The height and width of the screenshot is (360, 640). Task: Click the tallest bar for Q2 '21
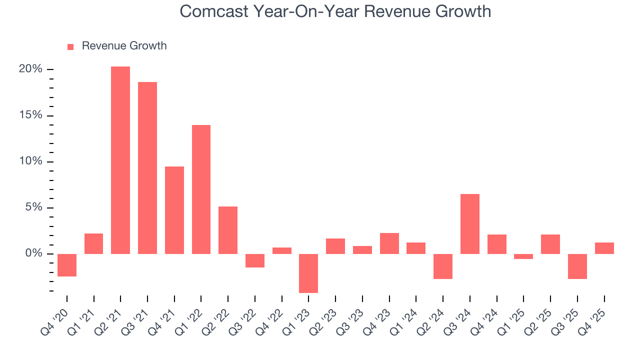(120, 160)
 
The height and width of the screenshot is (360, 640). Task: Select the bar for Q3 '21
(147, 168)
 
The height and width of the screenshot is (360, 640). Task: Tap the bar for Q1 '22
(201, 189)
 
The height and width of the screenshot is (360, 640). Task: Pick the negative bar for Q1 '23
(308, 273)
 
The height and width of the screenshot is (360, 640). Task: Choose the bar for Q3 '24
(470, 224)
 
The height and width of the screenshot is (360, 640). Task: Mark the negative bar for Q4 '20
(67, 265)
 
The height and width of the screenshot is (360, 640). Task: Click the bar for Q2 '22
(228, 230)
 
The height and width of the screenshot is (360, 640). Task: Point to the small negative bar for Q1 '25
(523, 256)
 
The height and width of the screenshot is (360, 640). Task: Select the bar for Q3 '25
(577, 266)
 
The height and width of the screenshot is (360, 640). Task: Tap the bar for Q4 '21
(174, 210)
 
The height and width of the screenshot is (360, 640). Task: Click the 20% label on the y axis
(30, 69)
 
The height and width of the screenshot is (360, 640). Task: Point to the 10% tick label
(30, 161)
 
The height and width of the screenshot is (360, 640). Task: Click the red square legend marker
(70, 46)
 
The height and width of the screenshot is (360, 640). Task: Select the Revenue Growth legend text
(124, 46)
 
